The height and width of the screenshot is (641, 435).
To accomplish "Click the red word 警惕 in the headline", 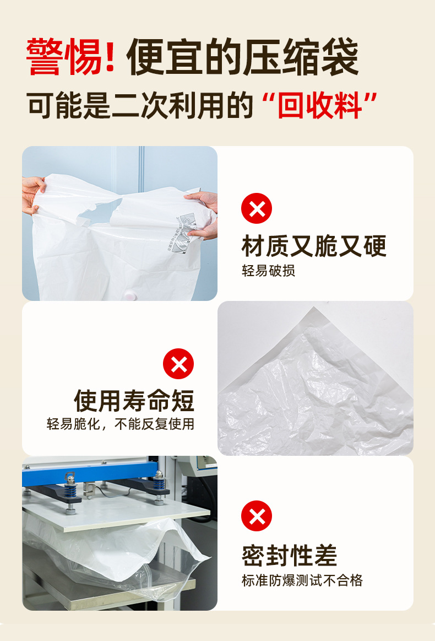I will coord(65,57).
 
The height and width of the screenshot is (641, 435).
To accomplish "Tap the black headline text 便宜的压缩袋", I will coord(242,57).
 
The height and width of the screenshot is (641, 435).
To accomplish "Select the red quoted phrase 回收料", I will coord(319,105).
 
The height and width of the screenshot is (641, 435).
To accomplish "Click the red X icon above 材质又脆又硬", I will coord(257,208).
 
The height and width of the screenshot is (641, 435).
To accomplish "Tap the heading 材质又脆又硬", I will coord(314,245).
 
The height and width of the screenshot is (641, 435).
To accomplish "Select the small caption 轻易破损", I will coord(268,271).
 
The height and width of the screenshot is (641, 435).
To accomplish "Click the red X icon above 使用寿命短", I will coord(178,364).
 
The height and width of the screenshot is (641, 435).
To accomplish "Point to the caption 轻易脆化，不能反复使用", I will coord(121,424).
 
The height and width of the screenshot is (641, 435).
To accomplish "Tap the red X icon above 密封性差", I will coord(257,516).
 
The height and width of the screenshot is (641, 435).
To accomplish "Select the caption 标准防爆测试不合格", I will coord(302,580).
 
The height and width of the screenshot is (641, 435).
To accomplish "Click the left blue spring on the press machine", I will coord(70,485).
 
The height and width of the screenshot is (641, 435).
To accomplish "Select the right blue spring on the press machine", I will coord(159,483).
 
